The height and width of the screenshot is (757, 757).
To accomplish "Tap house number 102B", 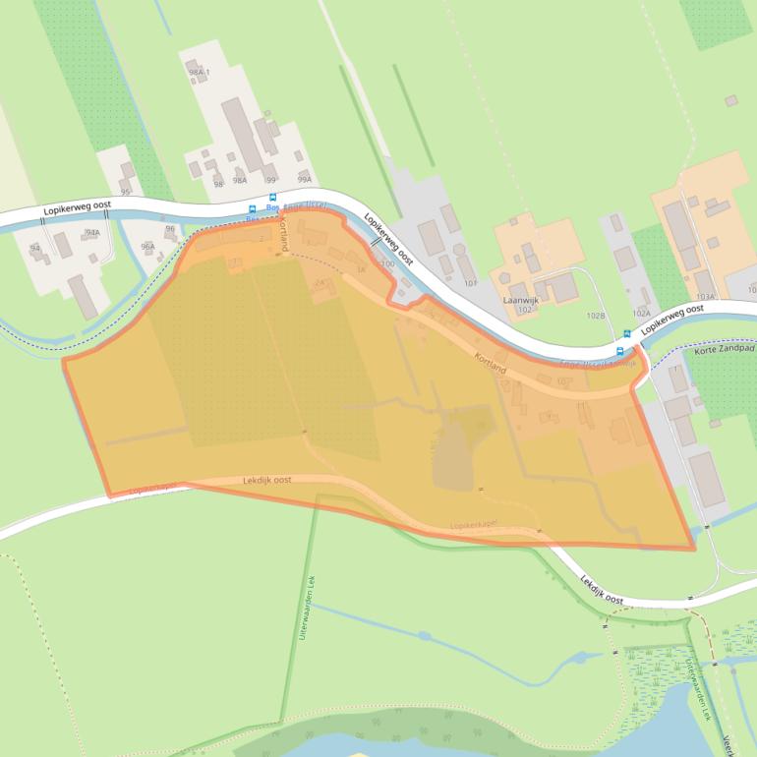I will (x=595, y=316).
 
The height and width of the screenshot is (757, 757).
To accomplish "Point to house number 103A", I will (x=704, y=296).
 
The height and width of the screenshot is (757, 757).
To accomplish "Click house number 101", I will (x=470, y=283).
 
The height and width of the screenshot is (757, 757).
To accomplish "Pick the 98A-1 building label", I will (x=200, y=73).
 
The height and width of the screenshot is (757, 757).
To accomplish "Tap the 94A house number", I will (x=92, y=233).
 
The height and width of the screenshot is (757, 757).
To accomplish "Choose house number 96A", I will (x=147, y=247).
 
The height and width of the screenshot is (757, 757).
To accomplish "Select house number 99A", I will (x=304, y=179).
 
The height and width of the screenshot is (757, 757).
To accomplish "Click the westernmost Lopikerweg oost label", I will (x=78, y=208).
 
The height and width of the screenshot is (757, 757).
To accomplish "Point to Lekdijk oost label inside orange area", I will (x=267, y=481).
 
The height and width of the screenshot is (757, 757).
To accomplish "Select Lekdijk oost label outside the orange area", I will (x=601, y=590).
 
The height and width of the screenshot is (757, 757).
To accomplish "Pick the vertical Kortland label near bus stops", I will (x=284, y=237).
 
